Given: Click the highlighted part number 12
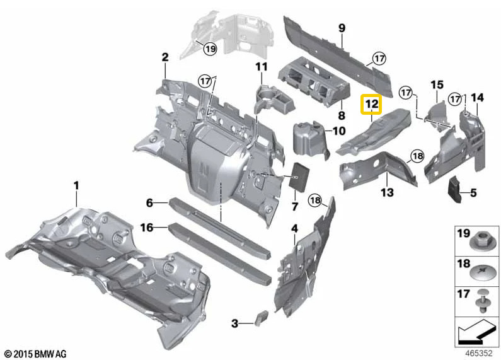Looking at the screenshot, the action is (371, 104).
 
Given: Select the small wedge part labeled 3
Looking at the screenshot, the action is (261, 318).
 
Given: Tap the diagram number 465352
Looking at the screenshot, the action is (479, 353).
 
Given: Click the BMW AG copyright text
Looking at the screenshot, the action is (36, 354).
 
